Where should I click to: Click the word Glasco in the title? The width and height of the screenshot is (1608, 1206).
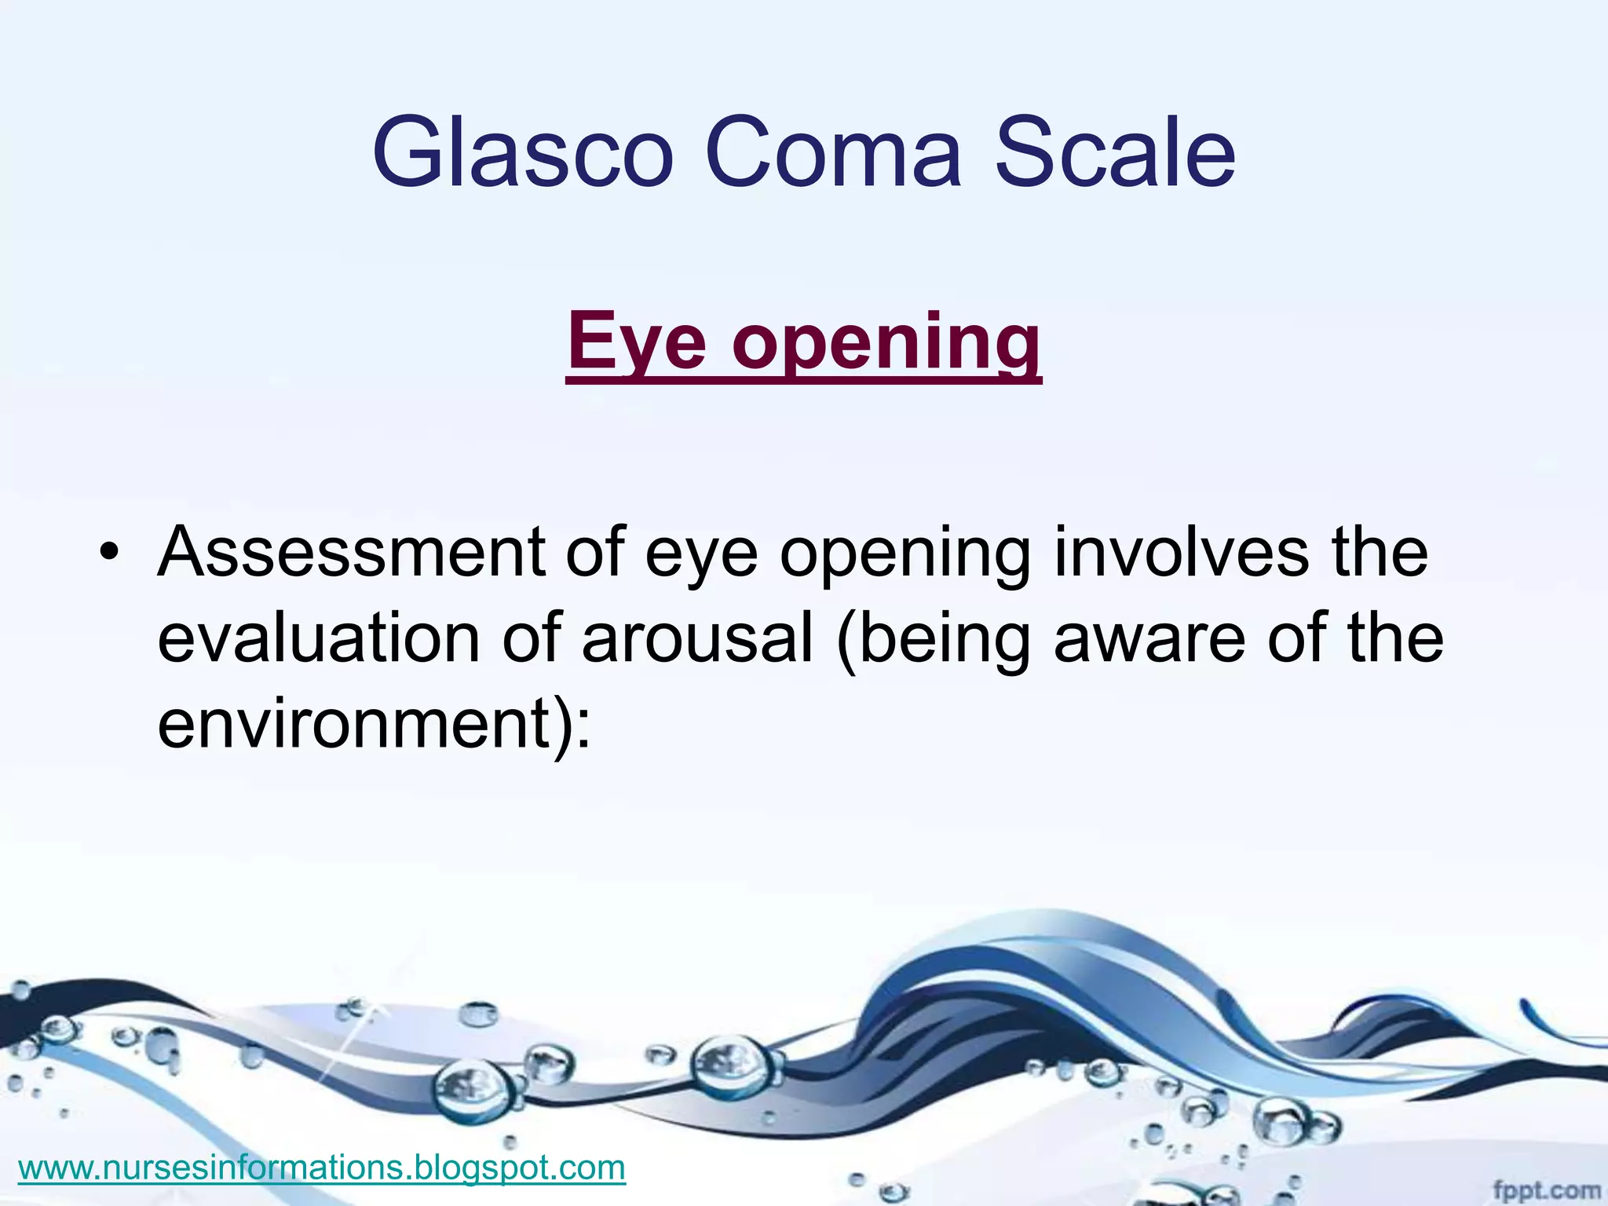click(x=522, y=153)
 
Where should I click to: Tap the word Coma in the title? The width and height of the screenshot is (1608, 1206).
click(x=833, y=153)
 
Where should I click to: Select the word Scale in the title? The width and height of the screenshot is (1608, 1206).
click(x=1115, y=153)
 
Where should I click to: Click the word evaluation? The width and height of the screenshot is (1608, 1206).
click(x=318, y=638)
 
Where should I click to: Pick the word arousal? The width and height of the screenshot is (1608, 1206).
click(x=696, y=638)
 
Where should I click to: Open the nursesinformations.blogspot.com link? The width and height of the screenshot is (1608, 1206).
click(x=321, y=1168)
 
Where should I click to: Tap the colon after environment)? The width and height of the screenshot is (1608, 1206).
click(x=582, y=726)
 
